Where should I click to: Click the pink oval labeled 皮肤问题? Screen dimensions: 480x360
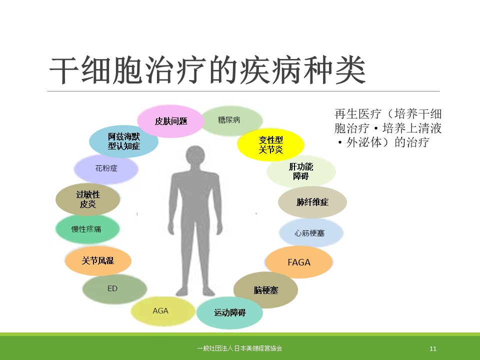(170, 121)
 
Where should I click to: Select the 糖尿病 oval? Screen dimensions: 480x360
(231, 120)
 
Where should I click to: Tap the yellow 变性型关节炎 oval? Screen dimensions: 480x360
(270, 145)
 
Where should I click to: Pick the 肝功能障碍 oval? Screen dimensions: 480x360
(301, 171)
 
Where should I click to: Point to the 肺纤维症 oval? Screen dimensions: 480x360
(312, 202)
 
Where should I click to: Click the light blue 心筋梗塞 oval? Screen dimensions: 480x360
(311, 233)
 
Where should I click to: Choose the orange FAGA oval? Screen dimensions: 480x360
(299, 262)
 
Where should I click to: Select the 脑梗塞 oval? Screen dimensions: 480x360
(265, 290)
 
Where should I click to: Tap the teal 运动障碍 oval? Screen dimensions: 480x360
(229, 312)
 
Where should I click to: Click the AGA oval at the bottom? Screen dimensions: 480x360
(163, 311)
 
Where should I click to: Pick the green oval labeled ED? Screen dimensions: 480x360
(115, 288)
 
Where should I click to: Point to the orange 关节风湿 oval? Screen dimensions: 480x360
(98, 260)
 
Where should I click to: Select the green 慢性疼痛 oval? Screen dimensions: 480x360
(87, 229)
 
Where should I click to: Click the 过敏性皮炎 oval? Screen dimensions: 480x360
(88, 199)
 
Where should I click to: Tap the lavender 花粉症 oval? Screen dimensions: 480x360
(106, 168)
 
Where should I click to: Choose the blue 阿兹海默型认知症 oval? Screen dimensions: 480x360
(123, 141)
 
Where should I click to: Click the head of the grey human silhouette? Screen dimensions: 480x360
(195, 156)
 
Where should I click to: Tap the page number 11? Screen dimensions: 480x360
(433, 348)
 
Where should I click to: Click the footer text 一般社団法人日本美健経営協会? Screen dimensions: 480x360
(239, 348)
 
